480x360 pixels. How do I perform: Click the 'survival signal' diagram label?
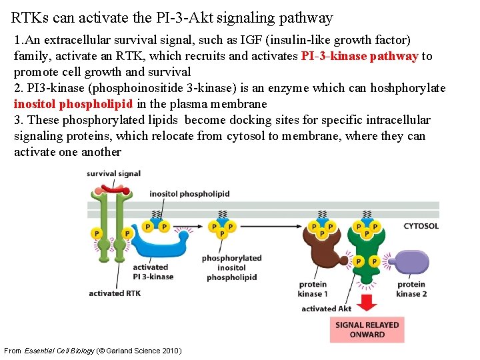pos(113,174)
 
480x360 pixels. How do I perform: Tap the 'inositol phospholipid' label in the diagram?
pos(189,194)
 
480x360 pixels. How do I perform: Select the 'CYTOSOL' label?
pos(421,226)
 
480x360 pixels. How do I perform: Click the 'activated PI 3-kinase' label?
pos(153,272)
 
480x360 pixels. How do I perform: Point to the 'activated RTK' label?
pos(115,293)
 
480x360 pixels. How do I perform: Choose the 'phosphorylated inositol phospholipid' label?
pos(231,267)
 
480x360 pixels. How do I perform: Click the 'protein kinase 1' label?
pos(312,289)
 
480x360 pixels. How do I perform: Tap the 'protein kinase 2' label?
pos(411,289)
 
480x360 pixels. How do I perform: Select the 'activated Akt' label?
pos(327,309)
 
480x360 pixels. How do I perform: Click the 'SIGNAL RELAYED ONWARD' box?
pos(367,329)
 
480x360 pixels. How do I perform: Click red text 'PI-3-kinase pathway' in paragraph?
pos(359,56)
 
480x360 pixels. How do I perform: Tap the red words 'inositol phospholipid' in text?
pos(74,104)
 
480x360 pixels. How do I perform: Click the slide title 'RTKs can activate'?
pos(172,17)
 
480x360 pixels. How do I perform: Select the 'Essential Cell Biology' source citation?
pos(93,351)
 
